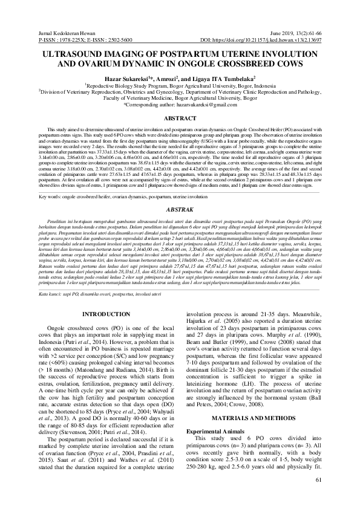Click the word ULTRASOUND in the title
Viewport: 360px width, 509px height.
72,54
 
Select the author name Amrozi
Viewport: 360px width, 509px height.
165,79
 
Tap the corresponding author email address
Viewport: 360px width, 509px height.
204,105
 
